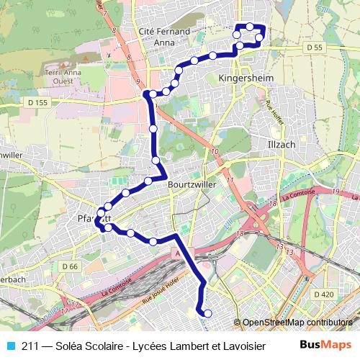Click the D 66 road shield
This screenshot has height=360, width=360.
tap(69, 266)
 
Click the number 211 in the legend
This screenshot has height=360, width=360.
tap(30, 346)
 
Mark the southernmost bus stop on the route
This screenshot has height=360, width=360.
tap(207, 313)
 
